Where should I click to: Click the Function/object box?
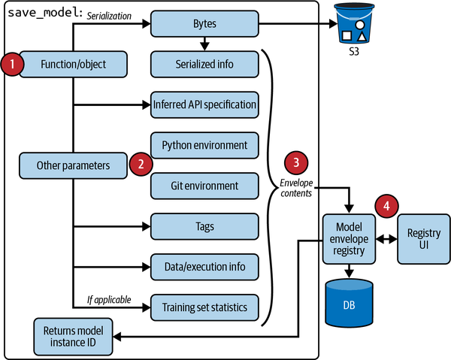[x=73, y=65]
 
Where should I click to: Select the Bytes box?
[x=205, y=24]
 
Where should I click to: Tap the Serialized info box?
[x=205, y=64]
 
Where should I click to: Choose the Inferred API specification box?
[x=205, y=104]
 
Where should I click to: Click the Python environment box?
[x=205, y=144]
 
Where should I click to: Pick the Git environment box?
[x=205, y=185]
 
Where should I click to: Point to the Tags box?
[x=205, y=225]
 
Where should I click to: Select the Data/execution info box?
[x=205, y=266]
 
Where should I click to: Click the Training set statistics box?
[x=205, y=307]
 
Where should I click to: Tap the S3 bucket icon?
[x=355, y=24]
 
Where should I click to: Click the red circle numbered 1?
[x=12, y=64]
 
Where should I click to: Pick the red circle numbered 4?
[x=387, y=204]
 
